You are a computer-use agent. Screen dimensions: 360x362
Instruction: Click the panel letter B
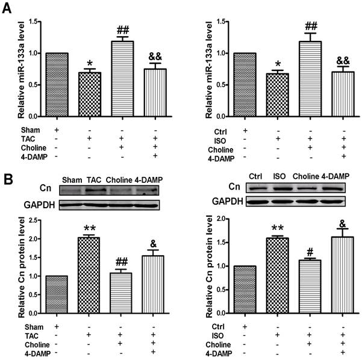[8, 179]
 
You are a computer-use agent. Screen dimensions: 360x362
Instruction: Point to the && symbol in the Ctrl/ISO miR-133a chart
[325, 61]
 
